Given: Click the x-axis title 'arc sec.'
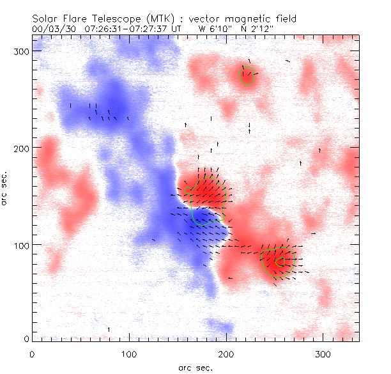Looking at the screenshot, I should tap(195, 368).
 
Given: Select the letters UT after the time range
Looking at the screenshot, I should tap(181, 28).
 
